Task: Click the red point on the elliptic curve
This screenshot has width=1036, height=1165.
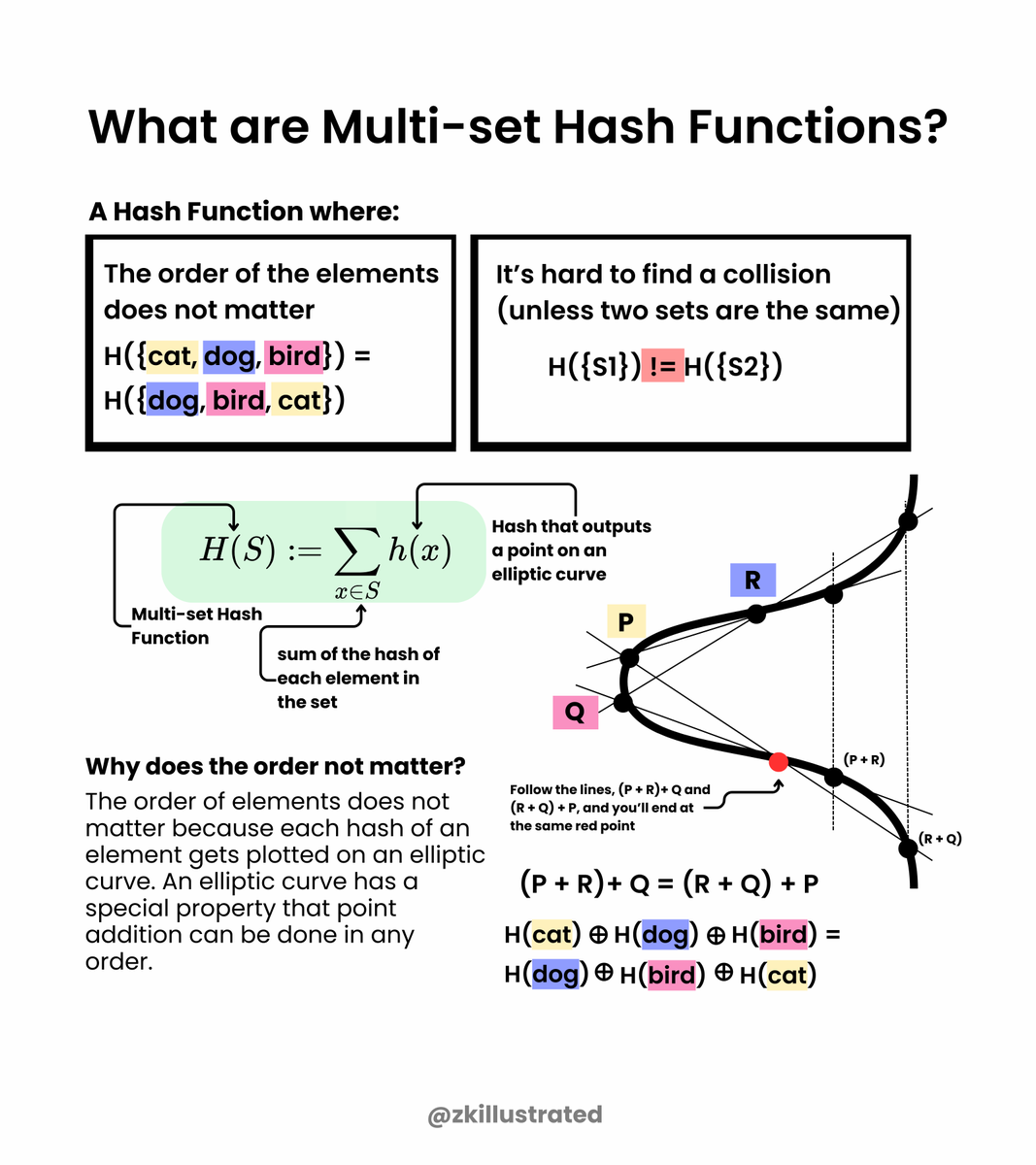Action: pos(778,762)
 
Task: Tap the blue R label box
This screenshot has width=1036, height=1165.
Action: pos(752,581)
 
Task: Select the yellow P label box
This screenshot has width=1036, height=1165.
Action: pos(626,621)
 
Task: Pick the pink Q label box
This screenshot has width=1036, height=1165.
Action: pos(575,713)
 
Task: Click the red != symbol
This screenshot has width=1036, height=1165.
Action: pos(662,366)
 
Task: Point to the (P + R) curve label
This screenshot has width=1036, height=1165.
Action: pos(863,759)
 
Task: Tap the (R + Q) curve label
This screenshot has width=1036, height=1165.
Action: pos(940,838)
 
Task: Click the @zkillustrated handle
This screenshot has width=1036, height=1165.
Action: pos(515,1115)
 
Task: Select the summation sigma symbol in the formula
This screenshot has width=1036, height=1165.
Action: pos(356,553)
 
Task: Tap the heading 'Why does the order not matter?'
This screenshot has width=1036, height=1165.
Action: pos(276,766)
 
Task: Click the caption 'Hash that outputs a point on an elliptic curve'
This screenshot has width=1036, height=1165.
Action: pos(570,549)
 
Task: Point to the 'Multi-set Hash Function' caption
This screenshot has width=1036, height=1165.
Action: pos(195,625)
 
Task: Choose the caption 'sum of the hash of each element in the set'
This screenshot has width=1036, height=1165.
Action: pos(356,678)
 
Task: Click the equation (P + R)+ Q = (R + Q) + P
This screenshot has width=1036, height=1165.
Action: pos(669,883)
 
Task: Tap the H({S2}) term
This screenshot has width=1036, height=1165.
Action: pos(733,366)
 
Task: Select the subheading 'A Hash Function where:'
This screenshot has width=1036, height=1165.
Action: pos(244,212)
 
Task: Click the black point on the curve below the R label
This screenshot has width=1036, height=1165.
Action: pos(756,613)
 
